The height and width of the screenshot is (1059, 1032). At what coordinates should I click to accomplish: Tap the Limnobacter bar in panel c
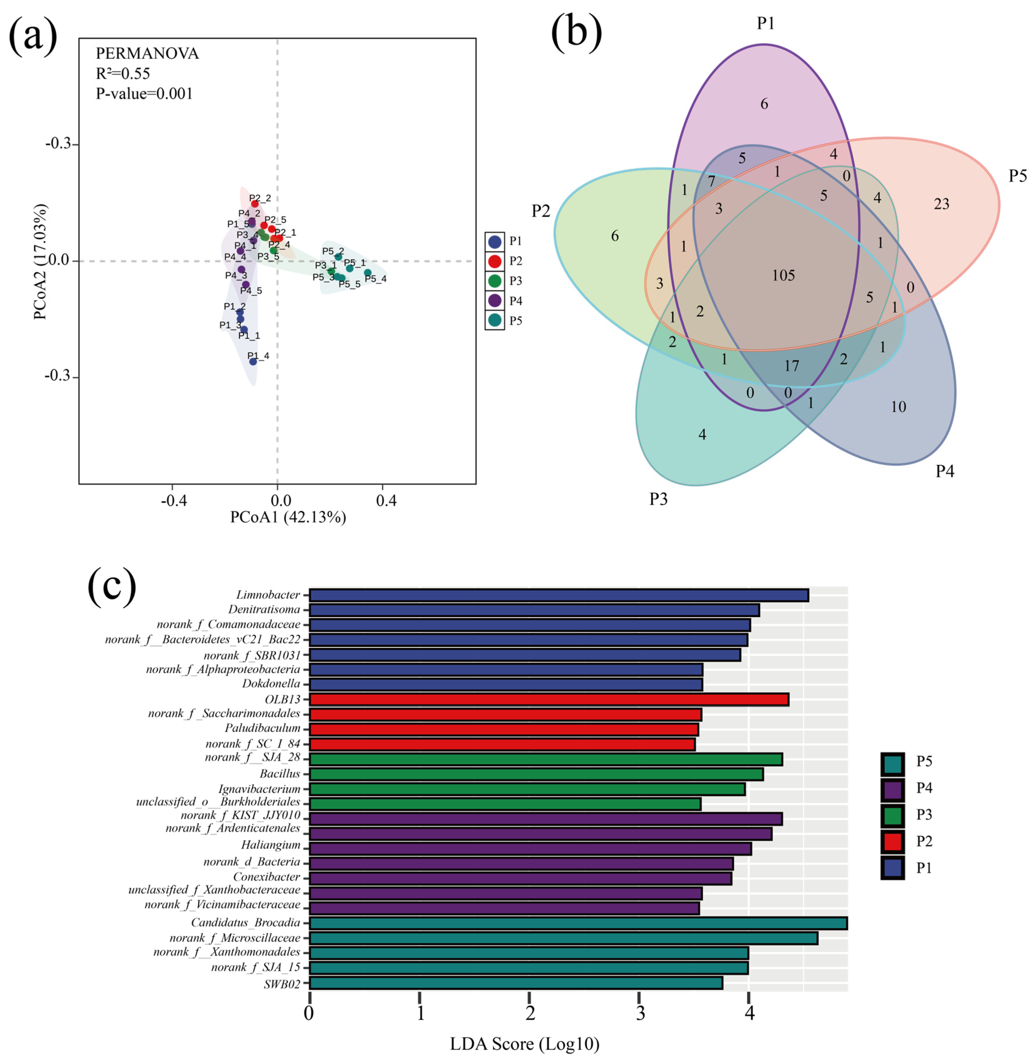coord(558,595)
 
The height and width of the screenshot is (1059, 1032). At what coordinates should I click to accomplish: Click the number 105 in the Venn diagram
coord(783,275)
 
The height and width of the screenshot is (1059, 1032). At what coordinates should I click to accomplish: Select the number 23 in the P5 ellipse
coord(941,204)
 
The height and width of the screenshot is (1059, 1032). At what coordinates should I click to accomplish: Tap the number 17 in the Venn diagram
coord(791,366)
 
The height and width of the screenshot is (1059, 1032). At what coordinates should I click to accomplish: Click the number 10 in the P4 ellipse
coord(898,407)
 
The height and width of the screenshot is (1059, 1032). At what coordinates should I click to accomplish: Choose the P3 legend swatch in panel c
coord(892,815)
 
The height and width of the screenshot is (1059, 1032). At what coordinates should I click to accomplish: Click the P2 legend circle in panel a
coord(494,261)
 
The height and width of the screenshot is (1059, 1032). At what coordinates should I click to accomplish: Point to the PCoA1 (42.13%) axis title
coord(288,517)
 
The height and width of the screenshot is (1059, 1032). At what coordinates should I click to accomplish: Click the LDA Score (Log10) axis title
coord(524,1043)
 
